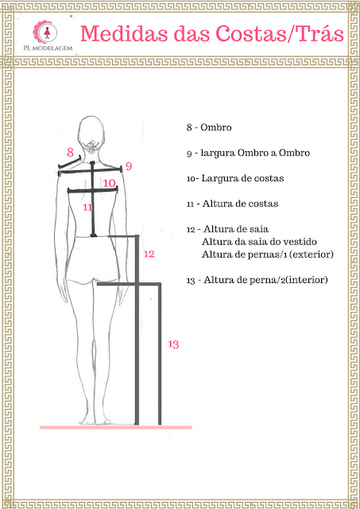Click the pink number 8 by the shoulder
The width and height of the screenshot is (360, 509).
point(71,152)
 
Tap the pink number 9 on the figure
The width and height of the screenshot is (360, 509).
point(129,166)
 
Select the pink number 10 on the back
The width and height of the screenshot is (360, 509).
point(110,183)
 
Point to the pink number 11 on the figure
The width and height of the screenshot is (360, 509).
point(87,207)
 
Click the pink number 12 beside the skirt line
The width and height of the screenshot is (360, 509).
point(149,254)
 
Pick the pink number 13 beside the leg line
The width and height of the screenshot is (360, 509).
point(173,344)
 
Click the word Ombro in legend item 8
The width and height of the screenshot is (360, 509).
point(216,127)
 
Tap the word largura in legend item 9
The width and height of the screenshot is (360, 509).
point(218,153)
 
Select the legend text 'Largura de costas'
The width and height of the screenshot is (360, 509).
point(242,178)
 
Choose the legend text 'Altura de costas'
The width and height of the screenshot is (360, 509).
point(240,204)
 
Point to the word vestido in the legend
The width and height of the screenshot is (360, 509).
point(300,242)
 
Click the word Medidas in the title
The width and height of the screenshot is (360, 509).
point(124,33)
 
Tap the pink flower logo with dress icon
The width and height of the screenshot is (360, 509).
point(45,32)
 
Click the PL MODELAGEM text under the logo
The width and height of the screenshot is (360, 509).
point(48,48)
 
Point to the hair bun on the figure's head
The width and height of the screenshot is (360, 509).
point(91,146)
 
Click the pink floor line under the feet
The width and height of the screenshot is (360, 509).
point(116,427)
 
